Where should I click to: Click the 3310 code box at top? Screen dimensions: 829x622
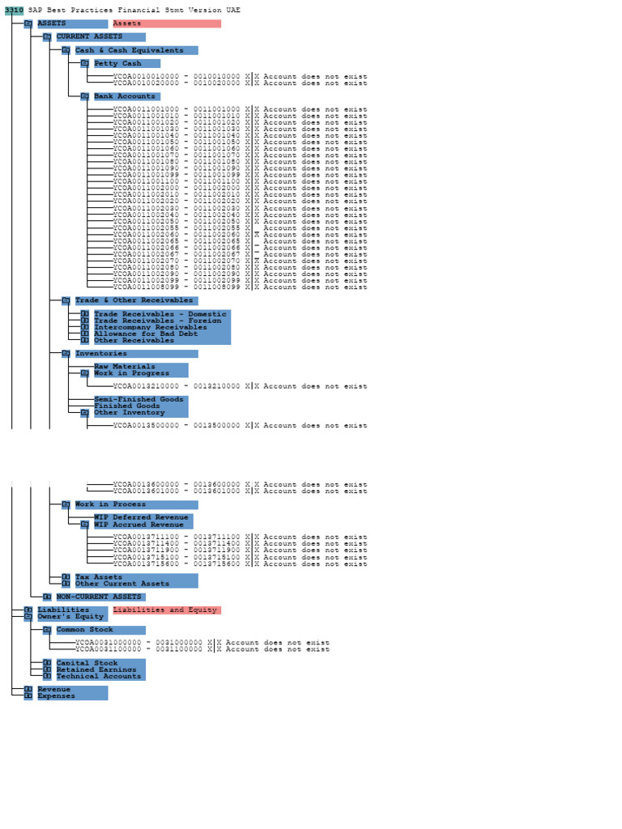tap(14, 10)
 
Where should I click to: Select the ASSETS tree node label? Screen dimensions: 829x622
tap(53, 23)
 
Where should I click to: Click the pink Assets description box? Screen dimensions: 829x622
tap(166, 23)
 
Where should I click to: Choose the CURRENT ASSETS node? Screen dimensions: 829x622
tap(89, 36)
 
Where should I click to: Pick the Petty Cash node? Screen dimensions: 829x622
tap(117, 63)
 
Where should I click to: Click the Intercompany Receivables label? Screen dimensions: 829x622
tap(146, 327)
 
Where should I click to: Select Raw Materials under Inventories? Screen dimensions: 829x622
tap(125, 367)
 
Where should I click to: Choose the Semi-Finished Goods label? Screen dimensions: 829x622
tap(138, 399)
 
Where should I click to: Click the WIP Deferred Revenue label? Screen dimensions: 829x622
tap(141, 517)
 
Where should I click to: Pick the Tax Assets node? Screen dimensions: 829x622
tap(99, 577)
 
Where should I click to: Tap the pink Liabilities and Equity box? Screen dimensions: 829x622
tap(166, 610)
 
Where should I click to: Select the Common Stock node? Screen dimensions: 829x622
tap(85, 630)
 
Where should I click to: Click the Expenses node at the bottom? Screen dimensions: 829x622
tap(57, 696)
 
